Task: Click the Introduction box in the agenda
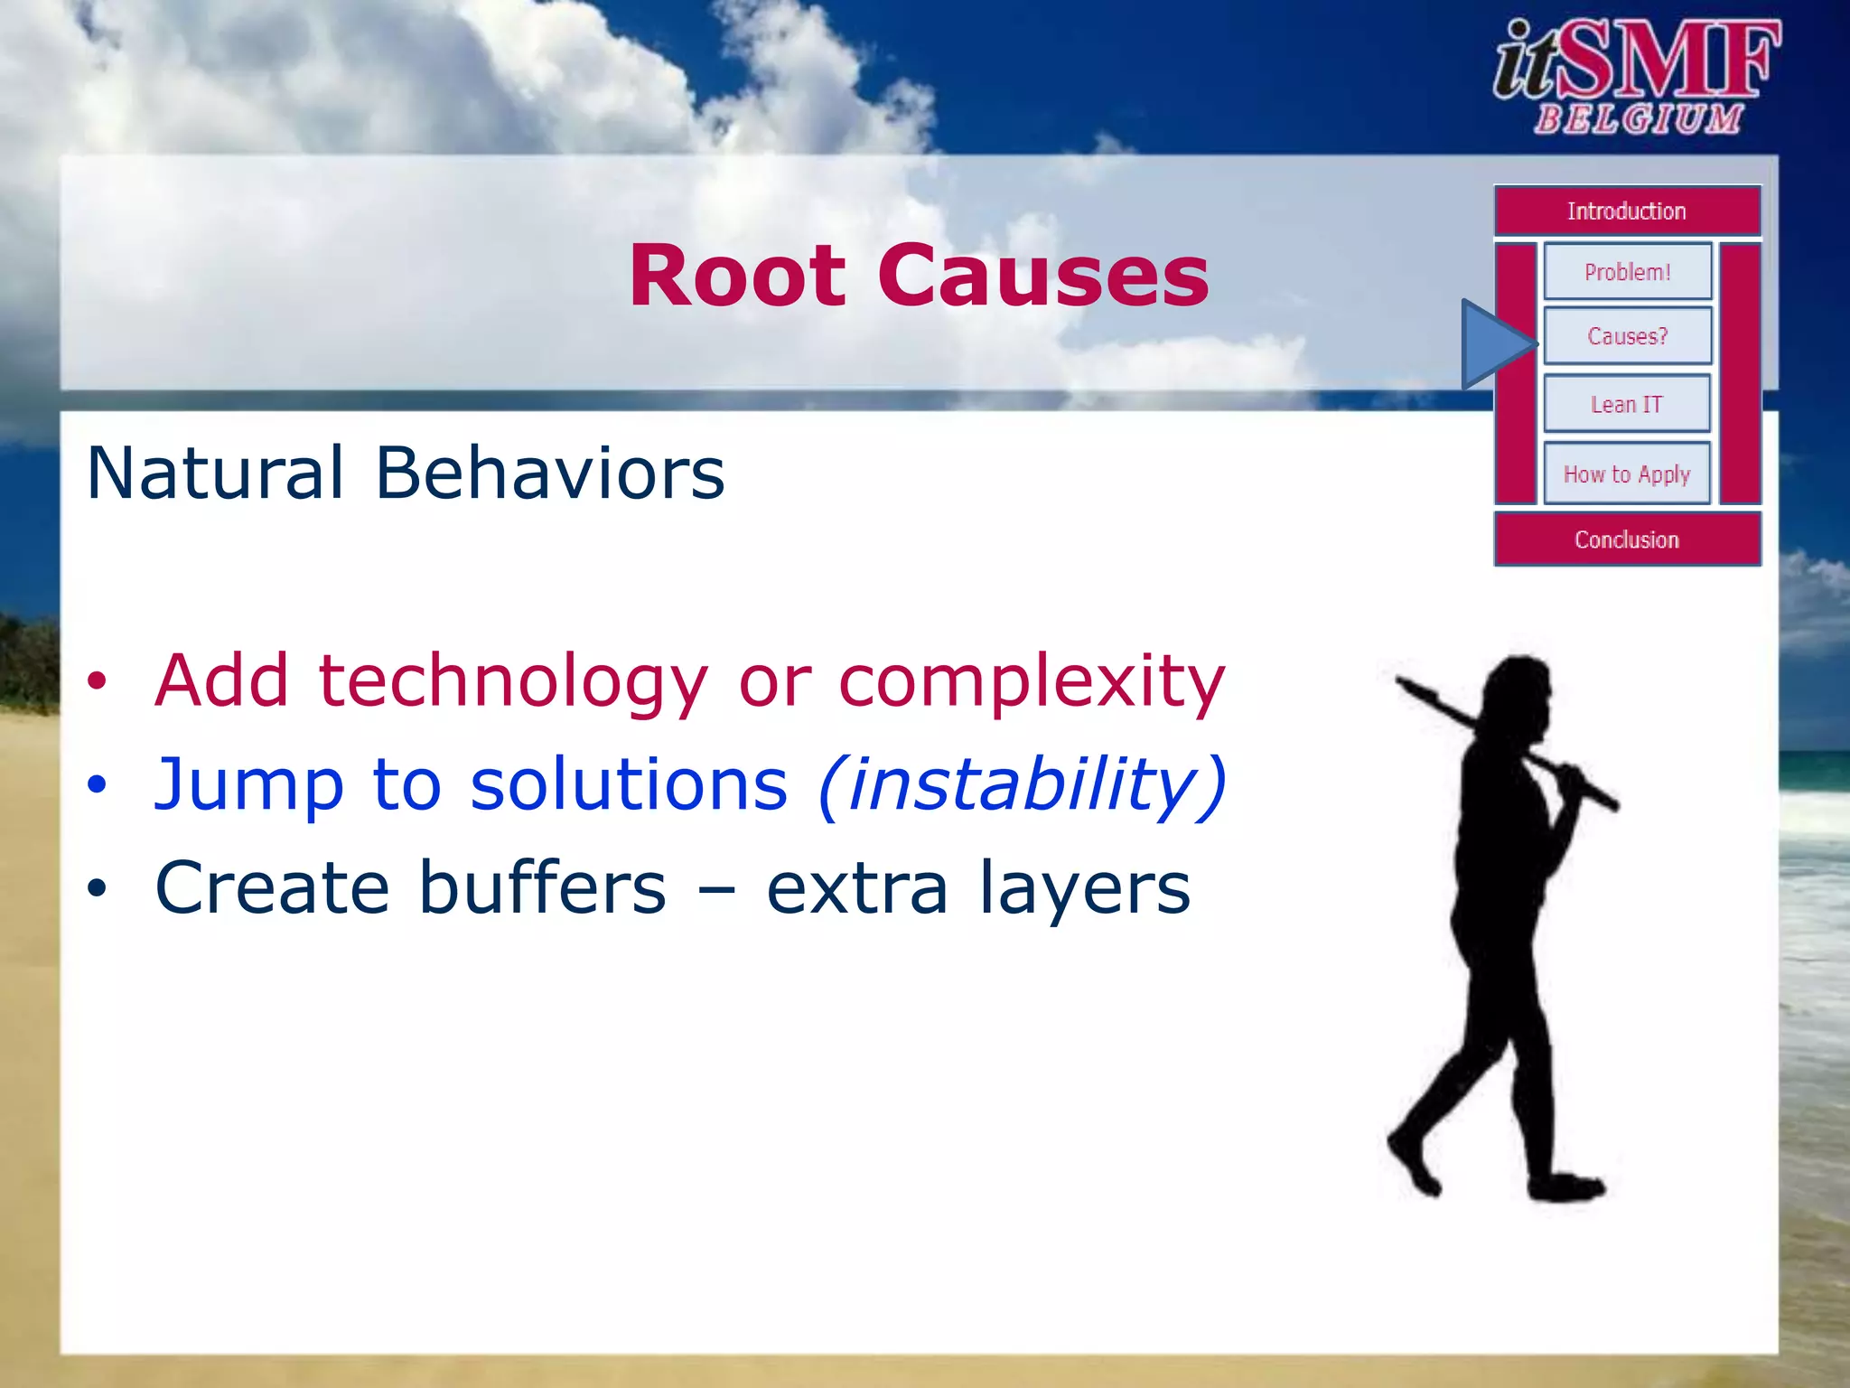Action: (x=1627, y=211)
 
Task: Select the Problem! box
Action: (x=1627, y=271)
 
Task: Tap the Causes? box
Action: (x=1627, y=336)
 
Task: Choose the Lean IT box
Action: (x=1627, y=404)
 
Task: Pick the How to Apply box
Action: (x=1627, y=474)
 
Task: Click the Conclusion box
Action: (x=1627, y=539)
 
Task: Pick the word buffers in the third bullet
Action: (x=542, y=887)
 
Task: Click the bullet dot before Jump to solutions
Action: (x=97, y=785)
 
